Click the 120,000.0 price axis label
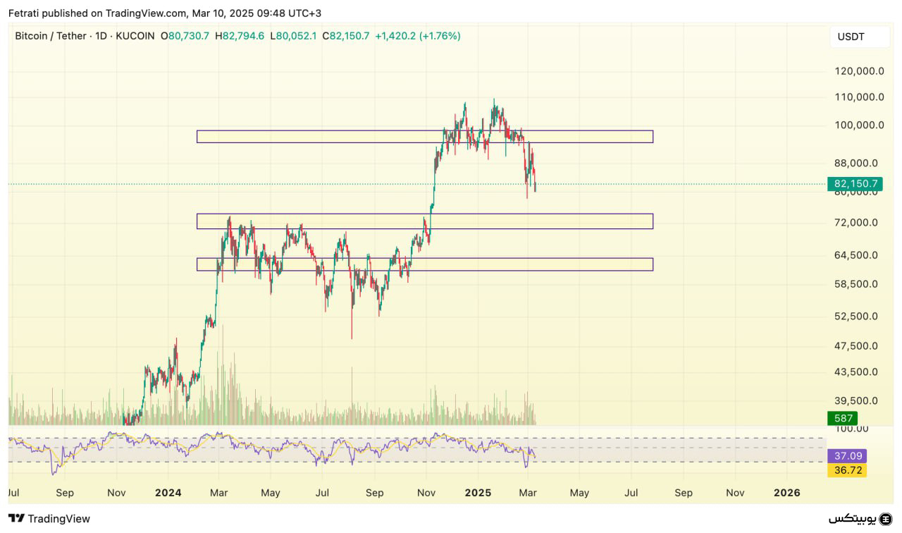[x=859, y=71]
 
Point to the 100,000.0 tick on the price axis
[x=859, y=125]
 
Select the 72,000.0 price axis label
[x=856, y=223]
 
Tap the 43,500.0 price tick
[x=856, y=372]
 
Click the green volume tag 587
[x=842, y=418]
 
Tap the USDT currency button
[x=851, y=37]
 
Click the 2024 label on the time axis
[x=168, y=493]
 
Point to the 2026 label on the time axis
[x=786, y=493]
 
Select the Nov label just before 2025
[x=426, y=493]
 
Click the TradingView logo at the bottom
[x=49, y=519]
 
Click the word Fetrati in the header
[x=23, y=13]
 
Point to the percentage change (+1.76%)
[x=440, y=36]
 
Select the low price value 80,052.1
[x=297, y=36]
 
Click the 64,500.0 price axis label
[x=856, y=255]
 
